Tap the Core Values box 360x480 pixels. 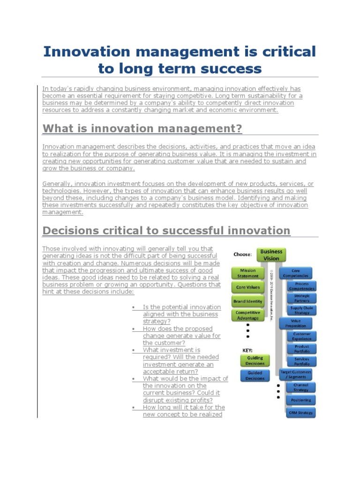tap(247, 287)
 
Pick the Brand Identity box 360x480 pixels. tap(247, 301)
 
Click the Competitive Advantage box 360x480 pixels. tap(247, 315)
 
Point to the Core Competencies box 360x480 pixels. tap(295, 273)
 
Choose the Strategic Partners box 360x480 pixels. tap(301, 298)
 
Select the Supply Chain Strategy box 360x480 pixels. tap(301, 310)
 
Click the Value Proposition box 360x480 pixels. tap(295, 323)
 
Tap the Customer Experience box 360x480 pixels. tap(301, 336)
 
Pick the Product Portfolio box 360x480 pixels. tap(301, 349)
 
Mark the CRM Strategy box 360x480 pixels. tap(301, 412)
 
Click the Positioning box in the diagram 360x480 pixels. tap(301, 400)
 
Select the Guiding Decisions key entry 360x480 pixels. tap(255, 360)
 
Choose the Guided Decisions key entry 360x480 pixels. tap(255, 375)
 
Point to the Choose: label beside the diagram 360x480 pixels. tap(243, 254)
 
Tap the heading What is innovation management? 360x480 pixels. tap(142, 128)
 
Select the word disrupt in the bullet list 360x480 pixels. tap(153, 400)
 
